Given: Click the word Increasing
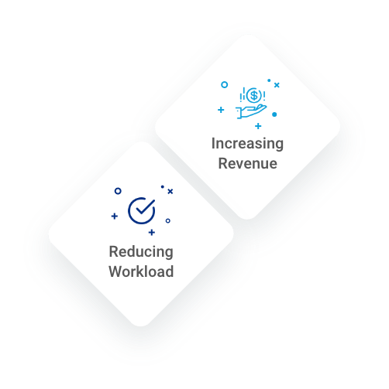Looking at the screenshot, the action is (247, 144).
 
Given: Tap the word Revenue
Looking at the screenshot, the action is (248, 163).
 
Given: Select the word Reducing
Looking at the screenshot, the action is (141, 252).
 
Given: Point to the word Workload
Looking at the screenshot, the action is (141, 271).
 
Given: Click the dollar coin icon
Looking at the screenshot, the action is (254, 95).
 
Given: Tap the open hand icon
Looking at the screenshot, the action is (251, 111).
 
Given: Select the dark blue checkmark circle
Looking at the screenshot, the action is (142, 210).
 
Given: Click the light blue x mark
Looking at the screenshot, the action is (277, 85).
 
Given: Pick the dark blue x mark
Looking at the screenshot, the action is (170, 191).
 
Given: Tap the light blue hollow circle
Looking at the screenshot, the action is (225, 84).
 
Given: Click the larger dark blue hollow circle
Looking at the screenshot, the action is (118, 191).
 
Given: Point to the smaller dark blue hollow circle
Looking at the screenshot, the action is (168, 220).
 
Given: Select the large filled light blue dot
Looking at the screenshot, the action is (274, 114).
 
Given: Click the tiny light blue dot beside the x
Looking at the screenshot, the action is (269, 80).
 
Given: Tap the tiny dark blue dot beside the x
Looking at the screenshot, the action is (163, 186).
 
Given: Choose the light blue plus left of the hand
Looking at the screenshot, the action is (221, 110).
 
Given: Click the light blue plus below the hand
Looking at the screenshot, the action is (258, 126).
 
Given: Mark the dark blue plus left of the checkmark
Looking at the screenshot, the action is (115, 216).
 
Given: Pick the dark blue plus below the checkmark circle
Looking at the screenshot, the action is (152, 233).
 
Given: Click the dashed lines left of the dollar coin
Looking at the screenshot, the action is (243, 94).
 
